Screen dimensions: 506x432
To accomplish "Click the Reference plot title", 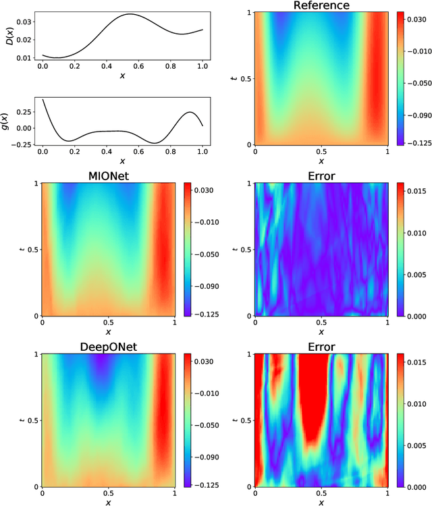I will pyautogui.click(x=321, y=6).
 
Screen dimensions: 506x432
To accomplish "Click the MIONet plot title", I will pyautogui.click(x=109, y=175).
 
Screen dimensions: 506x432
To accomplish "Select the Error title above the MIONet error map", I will pyautogui.click(x=321, y=175).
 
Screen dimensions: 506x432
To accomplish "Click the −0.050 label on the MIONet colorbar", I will pyautogui.click(x=205, y=254).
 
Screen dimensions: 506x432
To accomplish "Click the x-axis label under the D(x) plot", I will pyautogui.click(x=122, y=76).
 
